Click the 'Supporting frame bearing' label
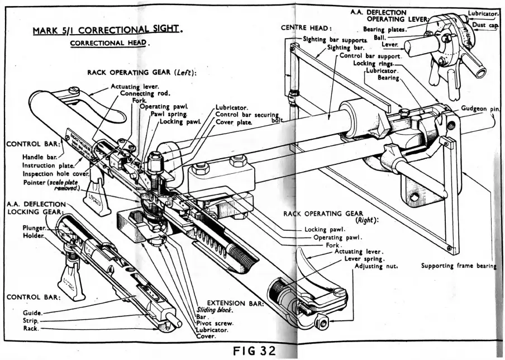tap(458, 266)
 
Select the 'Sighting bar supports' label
tap(335, 40)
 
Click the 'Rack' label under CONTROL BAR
tap(32, 329)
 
